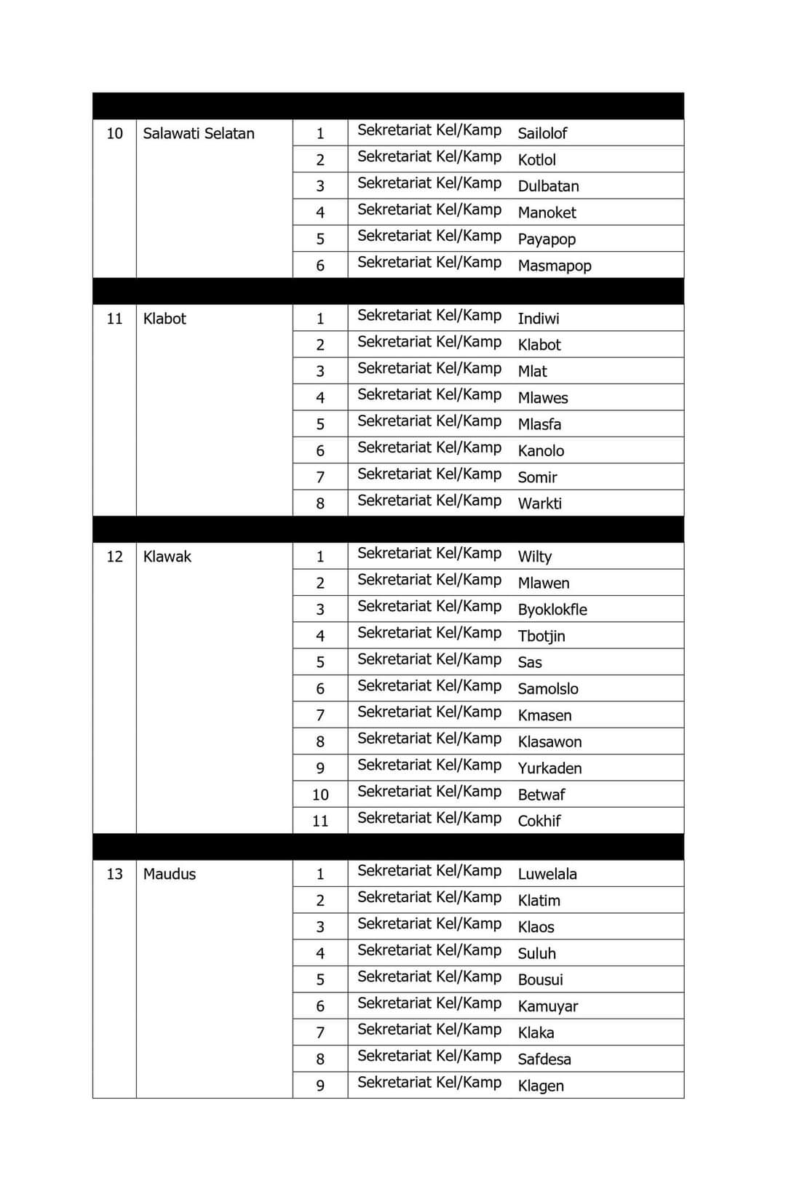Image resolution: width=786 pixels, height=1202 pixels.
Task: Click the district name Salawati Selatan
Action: (x=199, y=133)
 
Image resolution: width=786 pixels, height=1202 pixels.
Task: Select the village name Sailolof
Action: (x=542, y=133)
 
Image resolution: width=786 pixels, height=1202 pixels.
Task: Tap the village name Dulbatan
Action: (x=548, y=186)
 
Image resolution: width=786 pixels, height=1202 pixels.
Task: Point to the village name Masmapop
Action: (x=555, y=266)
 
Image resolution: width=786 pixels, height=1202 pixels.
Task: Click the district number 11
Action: (x=114, y=319)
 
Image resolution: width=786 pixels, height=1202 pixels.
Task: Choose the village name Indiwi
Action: (x=539, y=319)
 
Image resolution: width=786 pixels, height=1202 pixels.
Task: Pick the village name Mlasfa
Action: (x=539, y=424)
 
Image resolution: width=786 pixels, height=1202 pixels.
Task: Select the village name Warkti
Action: (x=539, y=504)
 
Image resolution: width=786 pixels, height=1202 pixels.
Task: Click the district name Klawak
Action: (x=167, y=557)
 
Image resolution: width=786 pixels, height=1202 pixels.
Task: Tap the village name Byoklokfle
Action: (x=552, y=610)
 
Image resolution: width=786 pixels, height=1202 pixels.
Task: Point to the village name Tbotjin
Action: (x=541, y=636)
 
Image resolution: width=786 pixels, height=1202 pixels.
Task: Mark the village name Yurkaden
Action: (x=549, y=768)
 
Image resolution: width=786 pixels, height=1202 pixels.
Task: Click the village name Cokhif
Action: (x=539, y=821)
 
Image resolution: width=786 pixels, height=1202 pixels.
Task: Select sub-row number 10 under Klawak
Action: (x=320, y=795)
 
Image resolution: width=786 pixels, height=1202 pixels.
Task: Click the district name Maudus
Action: (x=170, y=874)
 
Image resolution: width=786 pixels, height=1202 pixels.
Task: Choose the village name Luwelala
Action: (x=547, y=874)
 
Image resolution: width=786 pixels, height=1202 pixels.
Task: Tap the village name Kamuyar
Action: (x=548, y=1006)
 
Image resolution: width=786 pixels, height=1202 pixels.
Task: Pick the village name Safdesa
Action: (x=544, y=1059)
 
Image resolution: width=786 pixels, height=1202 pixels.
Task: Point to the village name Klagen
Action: (x=541, y=1086)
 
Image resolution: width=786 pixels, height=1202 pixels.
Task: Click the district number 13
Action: (x=114, y=874)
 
